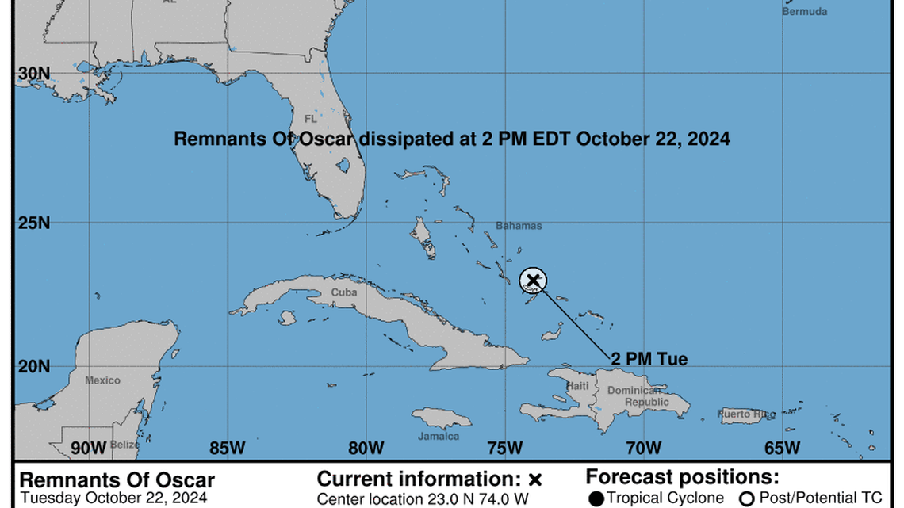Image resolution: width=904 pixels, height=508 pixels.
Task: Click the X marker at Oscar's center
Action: [x=533, y=279]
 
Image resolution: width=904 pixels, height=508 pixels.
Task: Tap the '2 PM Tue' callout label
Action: [x=649, y=359]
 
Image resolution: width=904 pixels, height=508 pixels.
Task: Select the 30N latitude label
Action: [x=33, y=73]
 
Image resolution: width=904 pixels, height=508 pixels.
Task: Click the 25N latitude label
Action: [x=33, y=223]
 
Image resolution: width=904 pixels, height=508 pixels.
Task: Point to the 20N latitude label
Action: [x=33, y=366]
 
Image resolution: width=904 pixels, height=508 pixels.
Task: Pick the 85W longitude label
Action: [x=228, y=448]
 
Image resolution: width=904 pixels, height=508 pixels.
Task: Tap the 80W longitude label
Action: [x=366, y=448]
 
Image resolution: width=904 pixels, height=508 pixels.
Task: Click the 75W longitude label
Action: [x=505, y=448]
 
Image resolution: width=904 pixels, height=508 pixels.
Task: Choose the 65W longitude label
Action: [x=782, y=448]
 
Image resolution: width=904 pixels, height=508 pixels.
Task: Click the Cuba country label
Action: [x=343, y=292]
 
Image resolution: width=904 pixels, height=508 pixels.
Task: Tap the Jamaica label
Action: [x=439, y=436]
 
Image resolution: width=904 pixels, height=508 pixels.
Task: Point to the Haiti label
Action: [x=577, y=386]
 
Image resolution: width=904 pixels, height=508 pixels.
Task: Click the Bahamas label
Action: [x=519, y=226]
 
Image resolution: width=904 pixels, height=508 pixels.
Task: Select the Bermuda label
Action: [x=804, y=12]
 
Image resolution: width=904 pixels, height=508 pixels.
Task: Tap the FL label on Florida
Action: [x=310, y=119]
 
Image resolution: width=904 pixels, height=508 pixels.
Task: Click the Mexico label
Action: [x=102, y=380]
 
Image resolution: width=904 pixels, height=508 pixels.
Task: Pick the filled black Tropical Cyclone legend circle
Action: [x=596, y=498]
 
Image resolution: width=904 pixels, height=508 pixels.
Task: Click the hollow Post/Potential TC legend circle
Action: [x=746, y=498]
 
